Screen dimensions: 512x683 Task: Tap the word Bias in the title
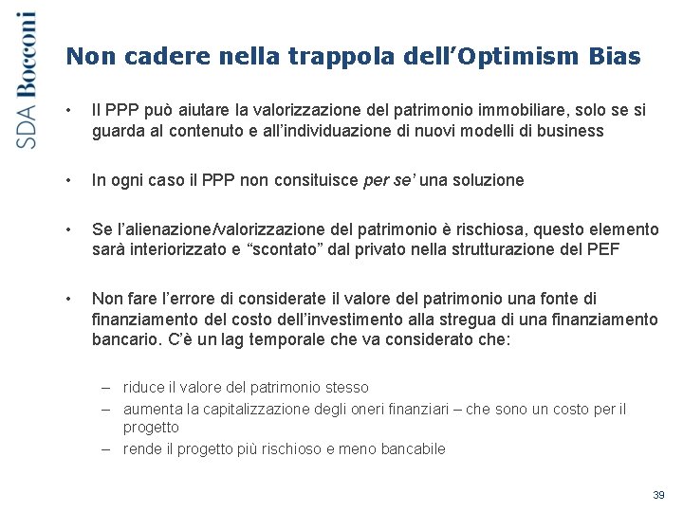coord(615,57)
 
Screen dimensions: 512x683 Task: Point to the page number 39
coord(659,495)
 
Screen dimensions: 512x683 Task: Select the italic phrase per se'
coord(386,180)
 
